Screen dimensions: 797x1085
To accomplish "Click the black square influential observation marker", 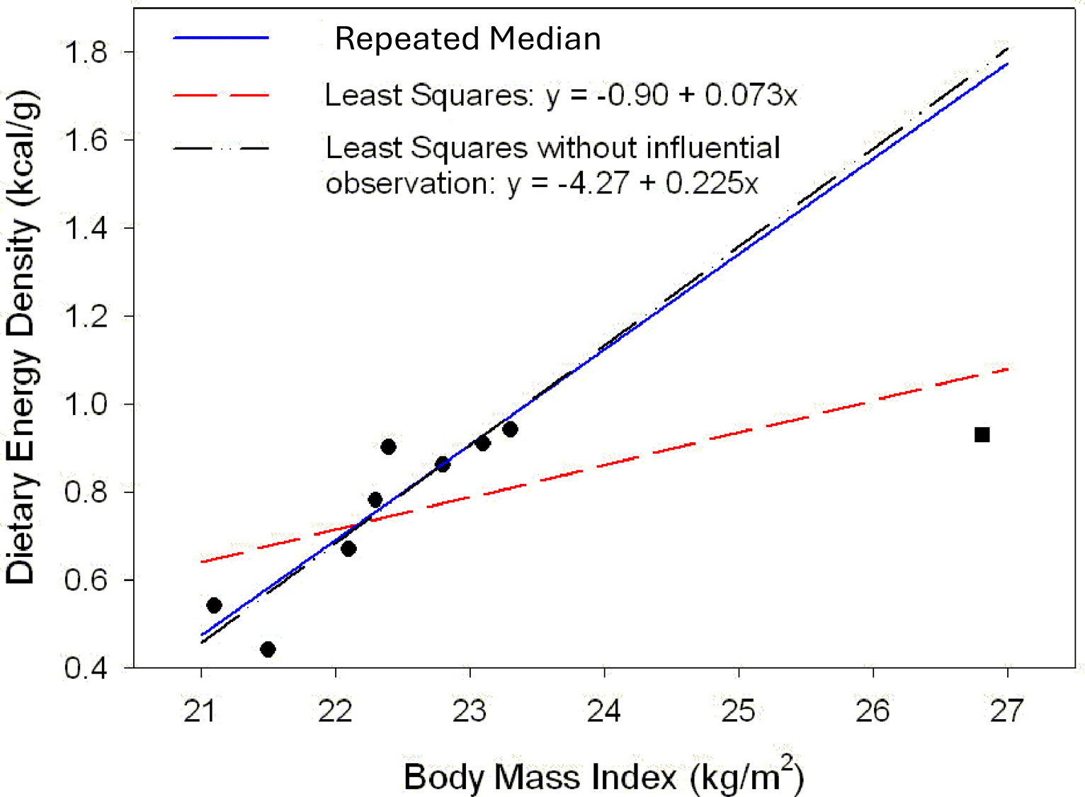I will pyautogui.click(x=982, y=434).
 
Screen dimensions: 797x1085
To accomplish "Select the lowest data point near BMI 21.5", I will pyautogui.click(x=268, y=649).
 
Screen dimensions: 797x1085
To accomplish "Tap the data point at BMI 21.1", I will pyautogui.click(x=214, y=605).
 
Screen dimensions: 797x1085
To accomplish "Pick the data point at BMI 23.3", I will pyautogui.click(x=510, y=429).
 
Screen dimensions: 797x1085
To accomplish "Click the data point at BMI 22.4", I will pyautogui.click(x=388, y=446).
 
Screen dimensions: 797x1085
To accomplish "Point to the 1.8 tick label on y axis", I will pyautogui.click(x=86, y=52).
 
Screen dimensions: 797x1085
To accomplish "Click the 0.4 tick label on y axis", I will pyautogui.click(x=86, y=668).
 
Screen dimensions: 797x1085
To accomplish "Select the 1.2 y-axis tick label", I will pyautogui.click(x=86, y=316).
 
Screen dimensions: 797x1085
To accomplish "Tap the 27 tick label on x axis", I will pyautogui.click(x=1007, y=711).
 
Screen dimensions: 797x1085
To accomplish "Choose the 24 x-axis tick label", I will pyautogui.click(x=604, y=711).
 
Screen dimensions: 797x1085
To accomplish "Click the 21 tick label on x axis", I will pyautogui.click(x=200, y=711).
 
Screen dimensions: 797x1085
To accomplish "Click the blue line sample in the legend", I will pyautogui.click(x=221, y=37).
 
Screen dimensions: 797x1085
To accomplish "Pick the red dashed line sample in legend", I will pyautogui.click(x=221, y=94).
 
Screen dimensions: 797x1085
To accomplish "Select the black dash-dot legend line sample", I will pyautogui.click(x=221, y=149).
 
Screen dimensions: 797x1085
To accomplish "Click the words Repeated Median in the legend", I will pyautogui.click(x=467, y=38).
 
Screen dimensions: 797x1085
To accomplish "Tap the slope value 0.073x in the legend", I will pyautogui.click(x=751, y=95).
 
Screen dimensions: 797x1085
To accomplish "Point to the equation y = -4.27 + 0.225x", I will pyautogui.click(x=632, y=184).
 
